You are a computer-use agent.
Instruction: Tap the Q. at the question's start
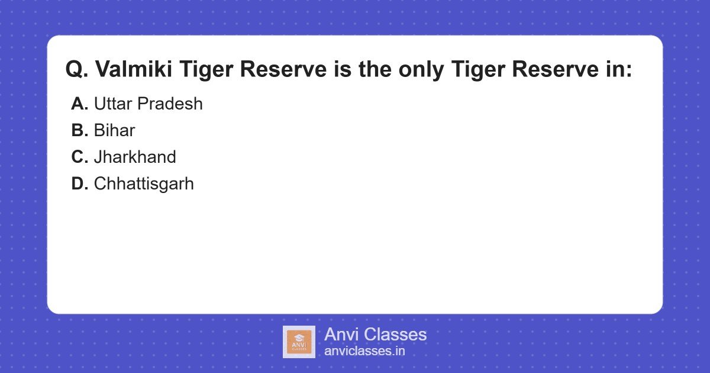(76, 70)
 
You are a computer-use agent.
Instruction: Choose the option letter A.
(79, 104)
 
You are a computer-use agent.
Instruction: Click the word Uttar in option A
(113, 104)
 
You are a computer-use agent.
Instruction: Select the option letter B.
(79, 131)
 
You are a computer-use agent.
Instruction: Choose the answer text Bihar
(114, 131)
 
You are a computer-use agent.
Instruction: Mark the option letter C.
(79, 157)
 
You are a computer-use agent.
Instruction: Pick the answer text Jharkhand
(135, 157)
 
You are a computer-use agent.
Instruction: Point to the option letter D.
(79, 184)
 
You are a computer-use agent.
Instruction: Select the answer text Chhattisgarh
(144, 184)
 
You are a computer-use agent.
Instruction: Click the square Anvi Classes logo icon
(299, 342)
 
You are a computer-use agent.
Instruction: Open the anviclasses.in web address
(364, 351)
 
